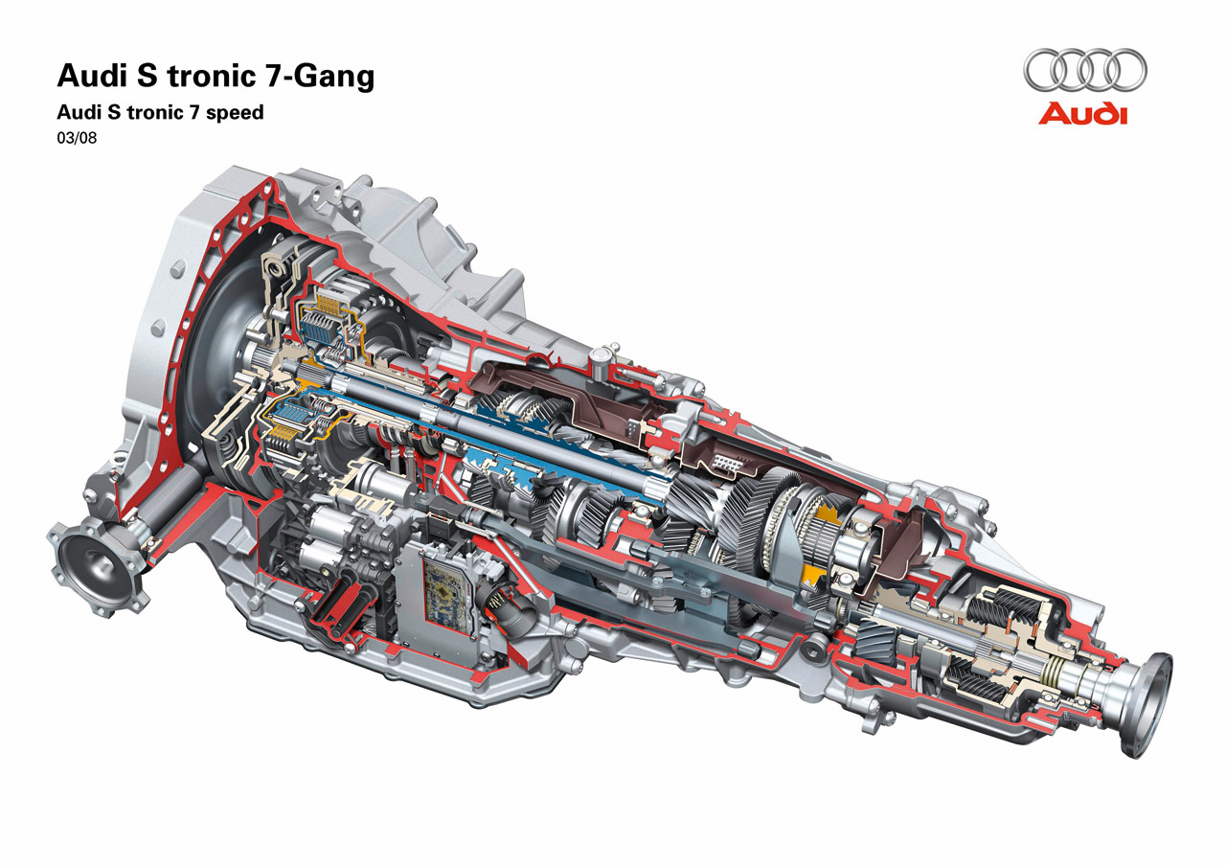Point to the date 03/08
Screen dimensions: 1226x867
click(x=77, y=138)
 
